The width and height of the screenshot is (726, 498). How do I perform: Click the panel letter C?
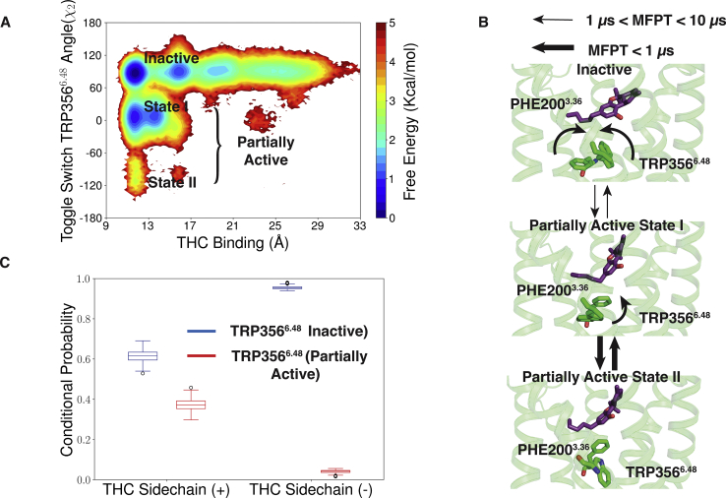(7, 263)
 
